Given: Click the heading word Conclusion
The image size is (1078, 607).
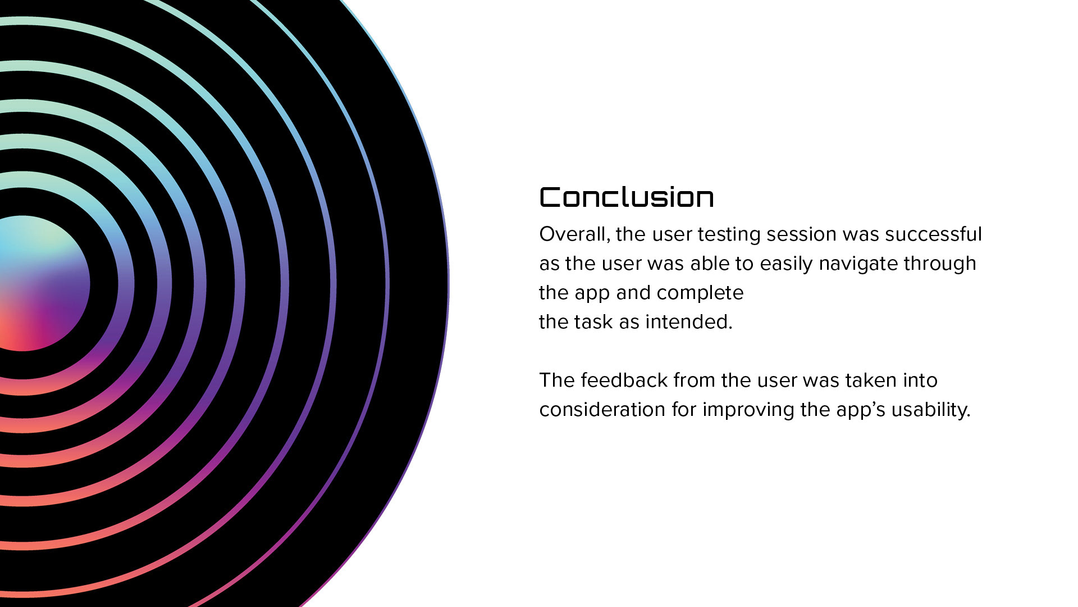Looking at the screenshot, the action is (x=627, y=197).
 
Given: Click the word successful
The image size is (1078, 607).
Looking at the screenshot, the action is (x=934, y=234).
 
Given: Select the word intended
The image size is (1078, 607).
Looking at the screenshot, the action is (x=689, y=322).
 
